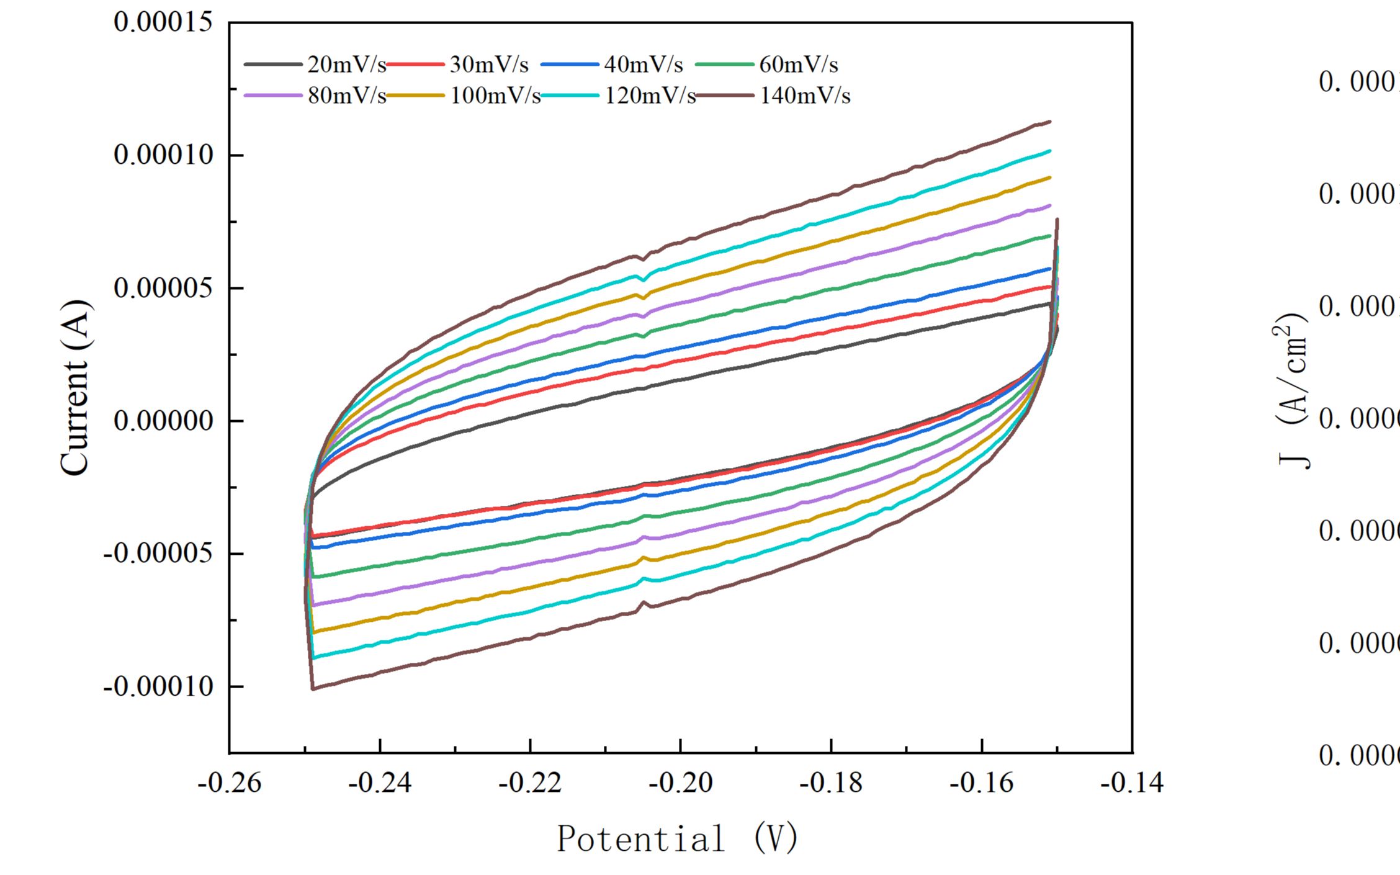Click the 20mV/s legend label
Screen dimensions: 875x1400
click(346, 65)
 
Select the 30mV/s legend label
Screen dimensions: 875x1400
click(489, 65)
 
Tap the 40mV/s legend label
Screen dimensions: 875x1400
click(644, 65)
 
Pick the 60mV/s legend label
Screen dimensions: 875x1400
click(799, 65)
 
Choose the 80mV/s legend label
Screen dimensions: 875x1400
click(346, 96)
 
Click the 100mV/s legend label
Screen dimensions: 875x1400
click(495, 96)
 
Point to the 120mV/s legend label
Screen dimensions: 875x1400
click(650, 96)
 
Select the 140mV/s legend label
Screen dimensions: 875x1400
click(805, 96)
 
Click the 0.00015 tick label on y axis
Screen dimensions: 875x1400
click(145, 22)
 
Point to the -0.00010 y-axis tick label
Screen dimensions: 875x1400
click(158, 686)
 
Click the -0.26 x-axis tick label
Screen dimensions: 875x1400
click(229, 783)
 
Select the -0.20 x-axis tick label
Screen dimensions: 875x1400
click(681, 783)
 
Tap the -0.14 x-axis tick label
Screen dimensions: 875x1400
click(1132, 783)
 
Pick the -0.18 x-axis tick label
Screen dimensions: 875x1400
click(831, 783)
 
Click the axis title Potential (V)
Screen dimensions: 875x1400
click(676, 839)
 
